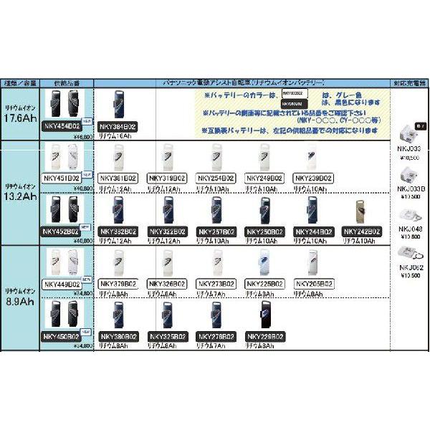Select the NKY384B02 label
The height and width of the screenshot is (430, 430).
pyautogui.click(x=116, y=126)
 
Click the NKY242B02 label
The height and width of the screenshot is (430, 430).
pyautogui.click(x=361, y=231)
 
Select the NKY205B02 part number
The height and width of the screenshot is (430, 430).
pyautogui.click(x=314, y=284)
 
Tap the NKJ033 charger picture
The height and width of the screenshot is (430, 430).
pyautogui.click(x=410, y=133)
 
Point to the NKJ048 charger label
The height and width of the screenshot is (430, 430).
pyautogui.click(x=410, y=230)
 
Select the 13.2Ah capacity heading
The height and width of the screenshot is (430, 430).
pyautogui.click(x=19, y=197)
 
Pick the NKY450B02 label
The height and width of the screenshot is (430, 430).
pyautogui.click(x=62, y=336)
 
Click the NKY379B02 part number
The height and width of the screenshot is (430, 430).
pyautogui.click(x=116, y=284)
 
